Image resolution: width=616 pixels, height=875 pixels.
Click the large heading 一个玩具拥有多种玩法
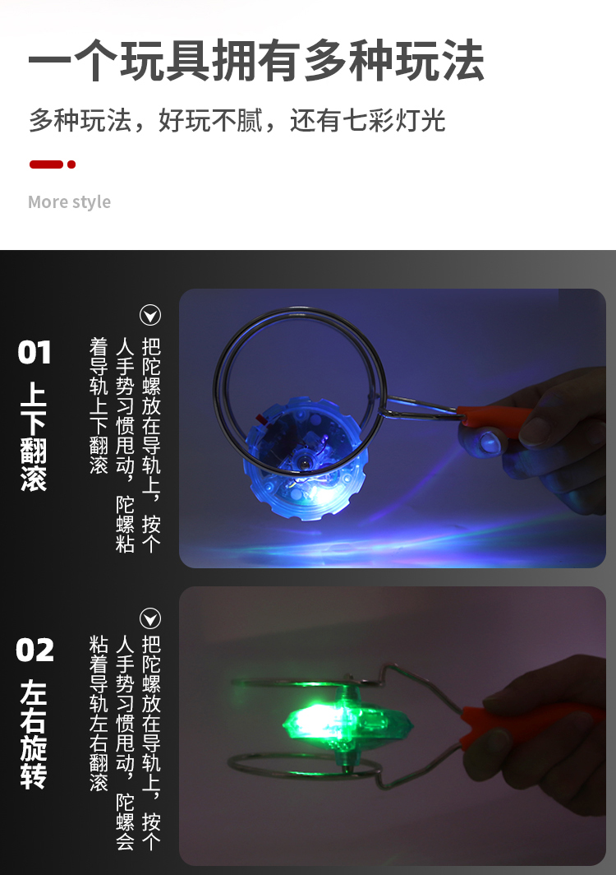[x=256, y=60]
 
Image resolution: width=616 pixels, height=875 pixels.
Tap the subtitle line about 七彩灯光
[x=237, y=120]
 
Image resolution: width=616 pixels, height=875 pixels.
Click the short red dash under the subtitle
[x=46, y=164]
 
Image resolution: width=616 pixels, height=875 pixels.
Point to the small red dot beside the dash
[x=71, y=164]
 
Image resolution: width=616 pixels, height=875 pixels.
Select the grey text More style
[x=69, y=201]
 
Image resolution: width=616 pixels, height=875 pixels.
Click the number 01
[x=34, y=353]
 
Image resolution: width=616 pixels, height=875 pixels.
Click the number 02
[x=34, y=650]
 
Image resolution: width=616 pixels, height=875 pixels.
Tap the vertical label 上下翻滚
[x=34, y=437]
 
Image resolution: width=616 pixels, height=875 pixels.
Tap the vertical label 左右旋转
[x=34, y=734]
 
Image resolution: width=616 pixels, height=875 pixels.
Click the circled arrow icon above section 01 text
[x=150, y=315]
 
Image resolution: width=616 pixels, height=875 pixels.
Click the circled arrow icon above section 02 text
[x=150, y=618]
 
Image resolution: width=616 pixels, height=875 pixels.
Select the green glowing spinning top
[x=347, y=723]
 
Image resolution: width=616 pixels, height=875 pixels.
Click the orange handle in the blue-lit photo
[x=493, y=416]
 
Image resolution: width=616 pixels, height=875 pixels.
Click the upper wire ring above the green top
[x=301, y=683]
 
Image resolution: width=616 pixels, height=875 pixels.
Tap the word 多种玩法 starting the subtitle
[x=80, y=120]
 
